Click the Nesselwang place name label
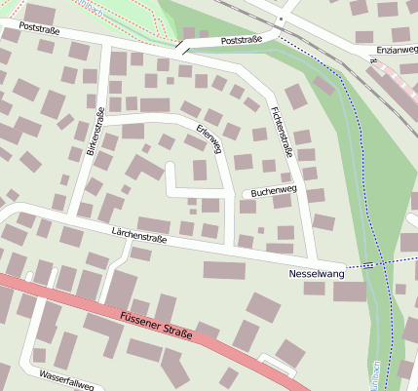(x=317, y=275)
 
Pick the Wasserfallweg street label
(x=66, y=379)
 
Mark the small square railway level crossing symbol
(x=280, y=19)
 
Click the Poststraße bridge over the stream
(x=182, y=46)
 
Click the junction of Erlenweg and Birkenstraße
(x=97, y=122)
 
